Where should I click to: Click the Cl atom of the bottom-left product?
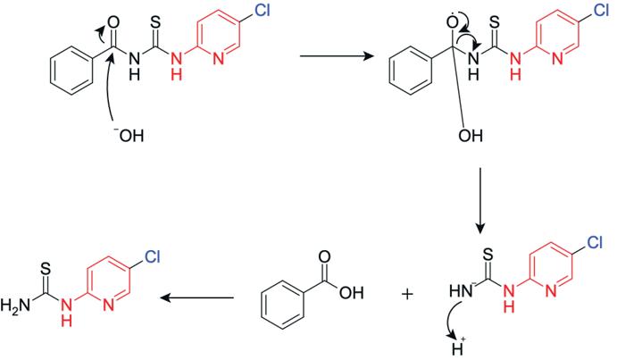pos(150,255)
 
